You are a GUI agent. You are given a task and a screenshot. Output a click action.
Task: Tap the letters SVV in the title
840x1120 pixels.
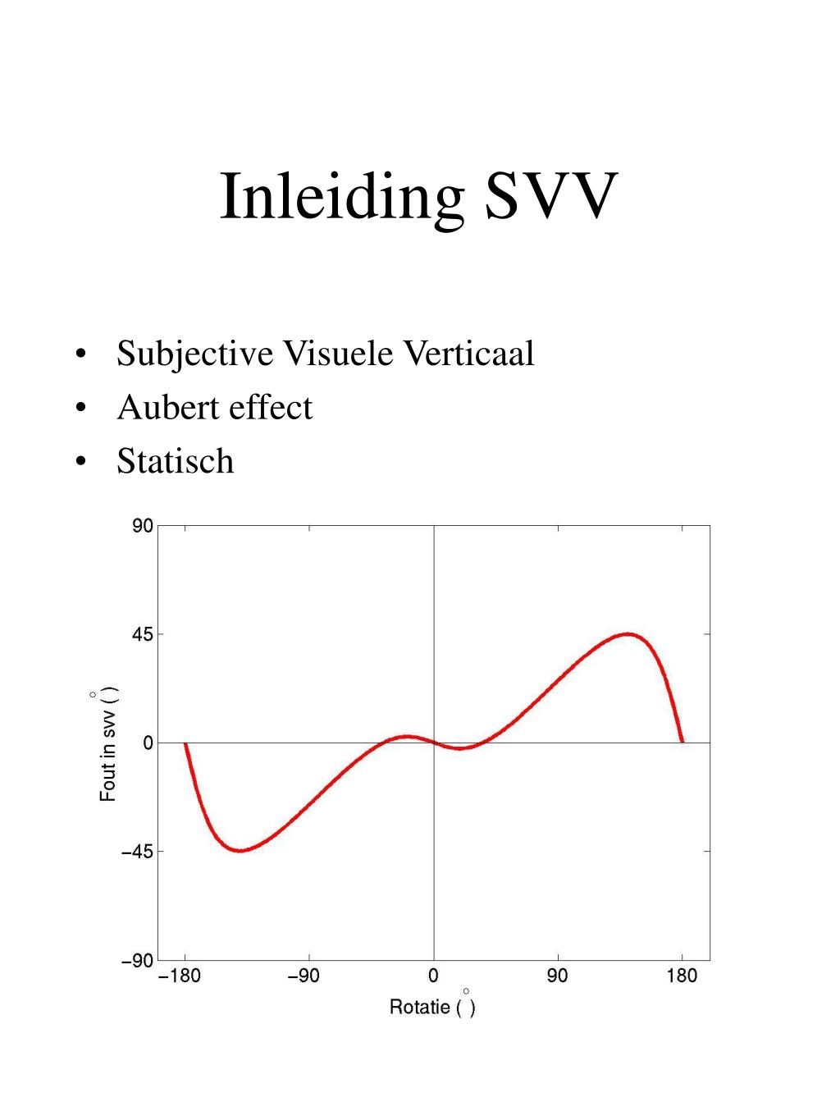[x=551, y=195]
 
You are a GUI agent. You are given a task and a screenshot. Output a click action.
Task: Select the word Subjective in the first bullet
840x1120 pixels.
[x=195, y=354]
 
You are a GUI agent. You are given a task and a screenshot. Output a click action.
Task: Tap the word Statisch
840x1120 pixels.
[x=176, y=461]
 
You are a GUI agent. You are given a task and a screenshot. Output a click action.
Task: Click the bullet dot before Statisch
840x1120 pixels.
[x=80, y=461]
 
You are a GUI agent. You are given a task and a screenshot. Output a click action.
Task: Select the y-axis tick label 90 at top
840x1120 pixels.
[x=143, y=526]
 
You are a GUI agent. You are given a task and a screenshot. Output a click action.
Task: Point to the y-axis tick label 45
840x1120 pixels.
[x=143, y=635]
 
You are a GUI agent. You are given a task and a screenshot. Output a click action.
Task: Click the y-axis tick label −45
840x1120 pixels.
[x=137, y=852]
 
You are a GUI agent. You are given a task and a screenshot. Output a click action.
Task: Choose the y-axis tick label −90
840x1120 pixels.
[x=137, y=960]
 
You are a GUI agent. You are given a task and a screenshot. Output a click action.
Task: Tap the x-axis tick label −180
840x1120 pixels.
[x=180, y=976]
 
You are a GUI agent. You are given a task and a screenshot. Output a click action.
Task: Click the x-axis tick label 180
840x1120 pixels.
[x=682, y=976]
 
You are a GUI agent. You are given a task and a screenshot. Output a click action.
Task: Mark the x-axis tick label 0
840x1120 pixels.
[x=433, y=976]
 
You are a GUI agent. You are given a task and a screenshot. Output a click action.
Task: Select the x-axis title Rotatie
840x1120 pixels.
[x=420, y=1007]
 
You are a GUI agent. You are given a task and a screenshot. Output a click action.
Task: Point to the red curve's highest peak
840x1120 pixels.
[x=628, y=634]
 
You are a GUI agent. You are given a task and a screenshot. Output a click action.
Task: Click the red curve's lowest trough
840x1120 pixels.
[x=240, y=851]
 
